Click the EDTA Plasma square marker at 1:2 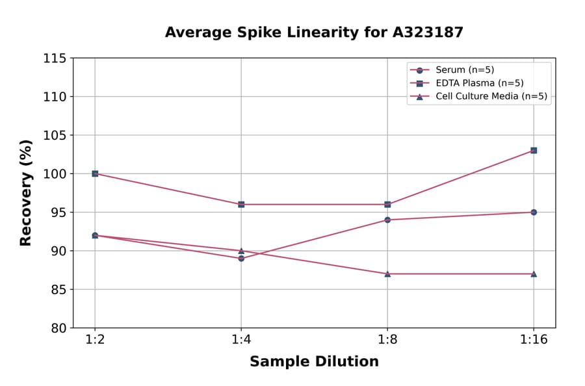point(95,174)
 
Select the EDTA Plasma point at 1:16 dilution point(534,150)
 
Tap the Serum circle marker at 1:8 point(387,220)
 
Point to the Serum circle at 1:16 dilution point(534,212)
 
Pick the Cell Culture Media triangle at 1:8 point(387,274)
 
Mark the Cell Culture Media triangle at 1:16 point(534,274)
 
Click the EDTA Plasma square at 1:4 point(241,204)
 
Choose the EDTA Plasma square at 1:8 point(387,204)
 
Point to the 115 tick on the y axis point(55,58)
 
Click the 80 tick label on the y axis point(58,328)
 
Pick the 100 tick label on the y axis point(55,174)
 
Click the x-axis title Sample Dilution point(314,362)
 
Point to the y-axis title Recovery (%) point(26,193)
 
